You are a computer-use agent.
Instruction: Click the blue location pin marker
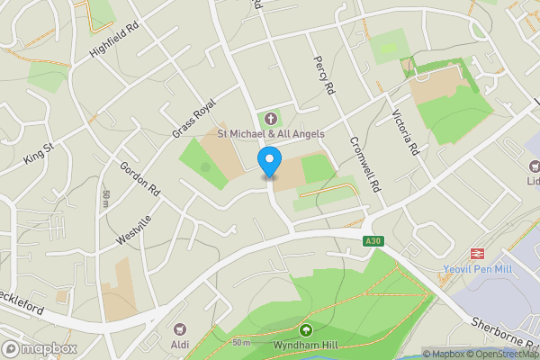click(x=268, y=163)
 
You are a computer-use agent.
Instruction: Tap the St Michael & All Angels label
click(x=271, y=134)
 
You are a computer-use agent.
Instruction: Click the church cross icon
click(x=271, y=119)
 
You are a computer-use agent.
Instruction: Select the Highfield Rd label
click(x=116, y=42)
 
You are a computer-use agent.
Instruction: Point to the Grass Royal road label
click(x=195, y=117)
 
